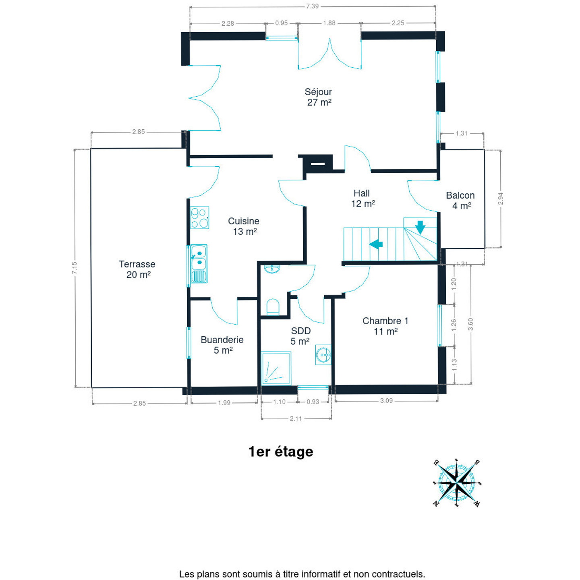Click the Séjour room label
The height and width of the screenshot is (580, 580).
(318, 97)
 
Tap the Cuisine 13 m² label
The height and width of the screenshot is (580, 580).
(244, 226)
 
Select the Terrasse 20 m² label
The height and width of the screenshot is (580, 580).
(137, 269)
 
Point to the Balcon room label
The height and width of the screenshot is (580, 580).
(460, 200)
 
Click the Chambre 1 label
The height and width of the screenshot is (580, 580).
(385, 326)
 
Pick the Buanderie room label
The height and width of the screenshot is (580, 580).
(222, 345)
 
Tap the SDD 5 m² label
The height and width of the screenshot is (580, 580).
(300, 336)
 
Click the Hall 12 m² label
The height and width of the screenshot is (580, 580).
(362, 199)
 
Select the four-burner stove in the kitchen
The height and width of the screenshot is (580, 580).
(199, 217)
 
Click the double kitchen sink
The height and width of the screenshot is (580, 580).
(199, 263)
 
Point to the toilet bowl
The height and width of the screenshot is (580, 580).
(273, 307)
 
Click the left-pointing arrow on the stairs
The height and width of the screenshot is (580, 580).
(376, 244)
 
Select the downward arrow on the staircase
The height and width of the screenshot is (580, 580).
(420, 227)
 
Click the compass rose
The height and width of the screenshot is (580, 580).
(456, 482)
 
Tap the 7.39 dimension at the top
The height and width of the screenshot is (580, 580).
(312, 6)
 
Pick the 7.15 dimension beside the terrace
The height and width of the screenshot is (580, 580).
(75, 268)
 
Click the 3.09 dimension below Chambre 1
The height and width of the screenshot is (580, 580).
(386, 401)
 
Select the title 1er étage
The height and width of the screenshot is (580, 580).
(281, 452)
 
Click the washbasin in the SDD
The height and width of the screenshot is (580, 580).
(323, 355)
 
